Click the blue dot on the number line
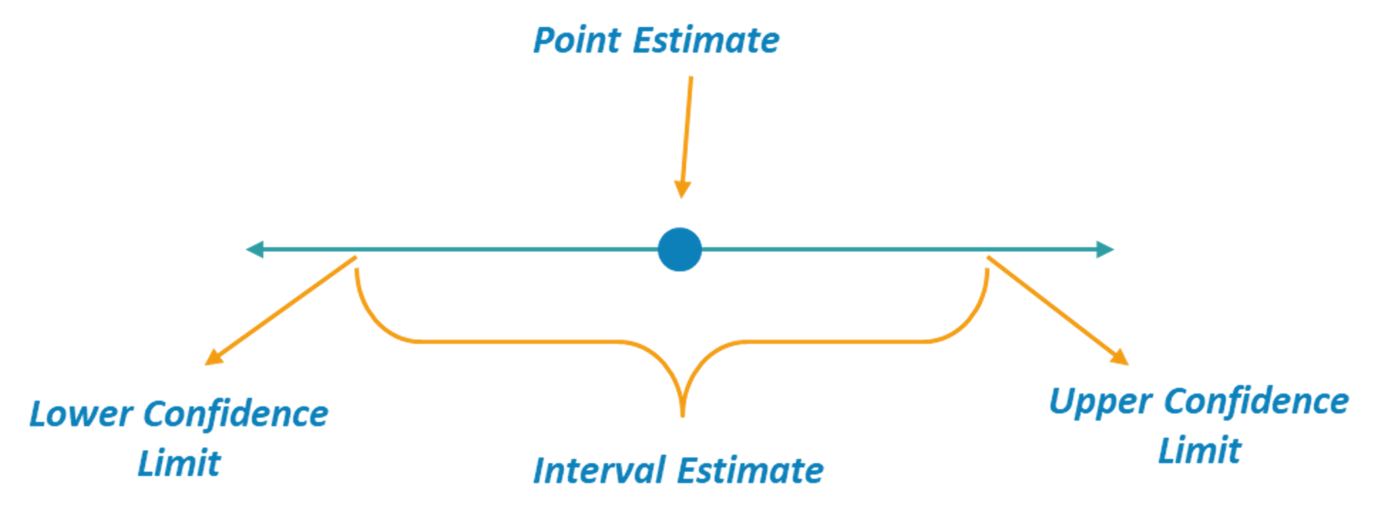[680, 249]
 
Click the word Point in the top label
[576, 41]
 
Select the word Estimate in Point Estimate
[706, 41]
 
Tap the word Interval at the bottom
[597, 471]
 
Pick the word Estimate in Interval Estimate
[750, 471]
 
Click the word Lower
[81, 414]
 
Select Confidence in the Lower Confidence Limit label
[237, 414]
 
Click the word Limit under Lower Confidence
[180, 464]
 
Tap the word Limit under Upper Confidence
[1200, 450]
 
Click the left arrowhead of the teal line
[254, 250]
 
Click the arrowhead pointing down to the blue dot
[682, 190]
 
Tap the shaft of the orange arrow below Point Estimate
[687, 129]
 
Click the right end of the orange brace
[987, 269]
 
